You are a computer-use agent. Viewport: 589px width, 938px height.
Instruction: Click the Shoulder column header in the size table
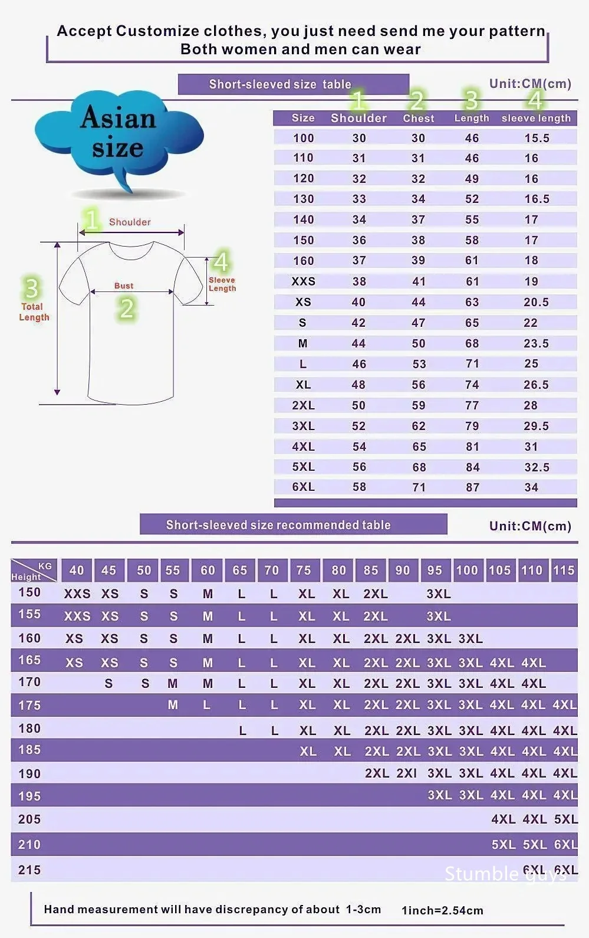[358, 118]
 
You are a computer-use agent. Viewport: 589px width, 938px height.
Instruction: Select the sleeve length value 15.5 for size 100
[537, 138]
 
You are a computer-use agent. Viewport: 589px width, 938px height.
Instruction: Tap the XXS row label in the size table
[303, 281]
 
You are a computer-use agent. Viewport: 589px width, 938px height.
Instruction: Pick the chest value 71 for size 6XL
[419, 487]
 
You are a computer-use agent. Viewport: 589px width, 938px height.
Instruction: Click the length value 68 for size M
[472, 343]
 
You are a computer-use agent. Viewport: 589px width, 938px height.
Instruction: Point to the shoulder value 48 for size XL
[358, 385]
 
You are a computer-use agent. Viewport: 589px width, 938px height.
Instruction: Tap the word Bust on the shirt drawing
[124, 286]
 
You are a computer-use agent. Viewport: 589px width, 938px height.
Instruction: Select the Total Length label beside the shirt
[34, 311]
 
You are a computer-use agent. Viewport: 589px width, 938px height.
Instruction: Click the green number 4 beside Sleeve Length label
[221, 262]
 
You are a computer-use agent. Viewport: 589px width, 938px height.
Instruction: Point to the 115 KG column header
[563, 570]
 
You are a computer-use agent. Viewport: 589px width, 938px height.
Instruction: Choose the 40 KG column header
[77, 570]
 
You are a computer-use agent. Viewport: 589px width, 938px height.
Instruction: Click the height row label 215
[29, 870]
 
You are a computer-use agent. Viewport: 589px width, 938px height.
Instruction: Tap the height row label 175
[29, 705]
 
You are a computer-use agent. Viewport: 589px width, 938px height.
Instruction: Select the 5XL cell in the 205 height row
[565, 819]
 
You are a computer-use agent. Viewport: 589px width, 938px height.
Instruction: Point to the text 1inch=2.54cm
[442, 910]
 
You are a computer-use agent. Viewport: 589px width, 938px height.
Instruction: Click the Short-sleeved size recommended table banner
[278, 524]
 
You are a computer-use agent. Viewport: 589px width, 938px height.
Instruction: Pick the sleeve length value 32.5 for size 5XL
[537, 467]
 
